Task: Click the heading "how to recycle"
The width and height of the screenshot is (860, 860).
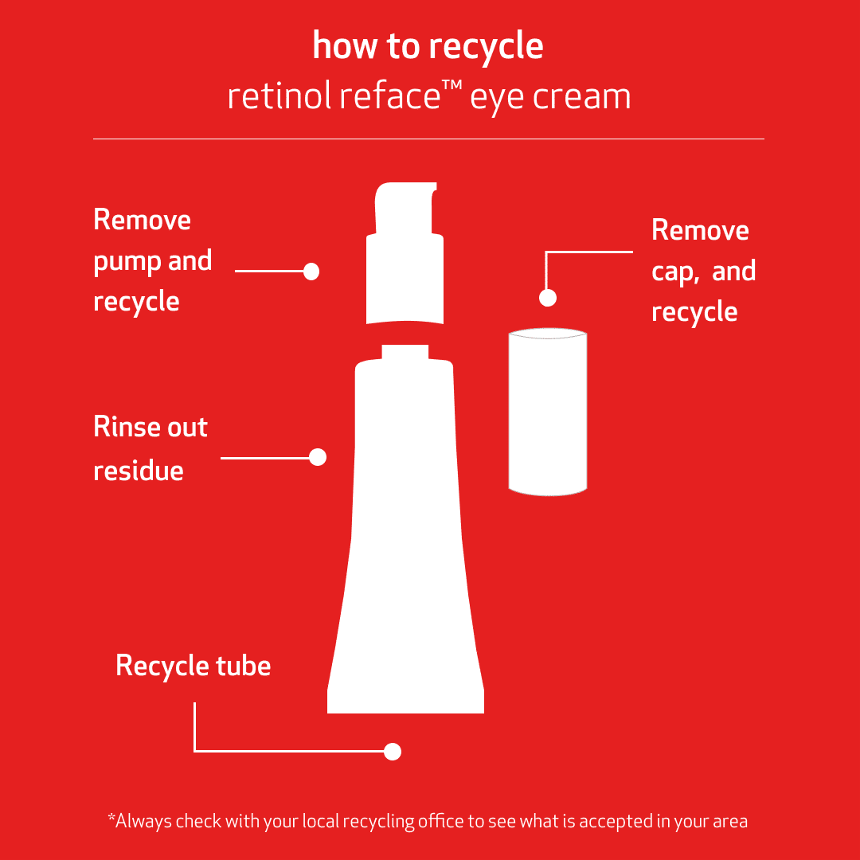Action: [x=428, y=46]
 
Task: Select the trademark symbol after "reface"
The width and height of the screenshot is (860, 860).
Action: [x=453, y=87]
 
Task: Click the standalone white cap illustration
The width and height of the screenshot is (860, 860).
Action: [x=548, y=412]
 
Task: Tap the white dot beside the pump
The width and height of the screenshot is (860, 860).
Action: [x=311, y=272]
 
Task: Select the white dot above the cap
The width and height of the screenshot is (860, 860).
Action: [x=548, y=298]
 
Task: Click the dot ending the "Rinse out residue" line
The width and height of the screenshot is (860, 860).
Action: [x=318, y=457]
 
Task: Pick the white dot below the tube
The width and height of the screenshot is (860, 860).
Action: [x=393, y=751]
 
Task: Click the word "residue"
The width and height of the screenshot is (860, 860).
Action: [x=139, y=470]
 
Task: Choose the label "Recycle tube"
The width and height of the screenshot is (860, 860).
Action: [x=193, y=665]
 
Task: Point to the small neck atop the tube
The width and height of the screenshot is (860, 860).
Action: [x=405, y=352]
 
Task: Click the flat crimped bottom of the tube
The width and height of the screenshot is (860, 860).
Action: [x=405, y=701]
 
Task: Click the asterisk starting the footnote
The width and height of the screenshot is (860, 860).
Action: [x=111, y=818]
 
